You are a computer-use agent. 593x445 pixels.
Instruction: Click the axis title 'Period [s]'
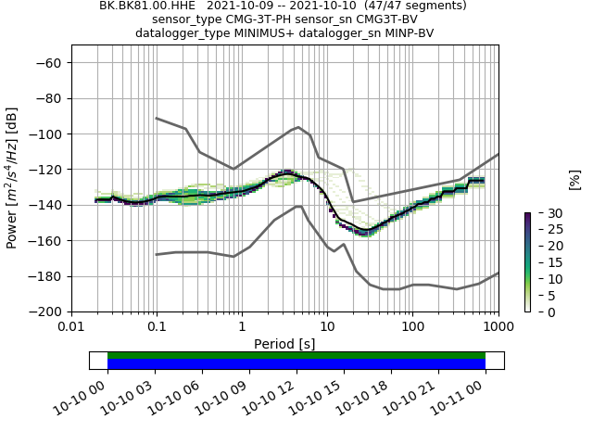284,344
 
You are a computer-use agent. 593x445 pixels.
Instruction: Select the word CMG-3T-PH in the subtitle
251,19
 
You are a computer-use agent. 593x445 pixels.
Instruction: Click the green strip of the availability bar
296,355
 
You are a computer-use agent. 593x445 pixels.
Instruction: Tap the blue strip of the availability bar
296,364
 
